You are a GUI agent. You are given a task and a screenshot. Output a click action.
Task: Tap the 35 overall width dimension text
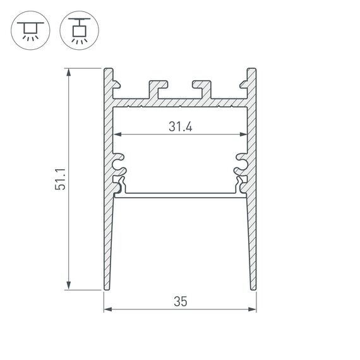180,303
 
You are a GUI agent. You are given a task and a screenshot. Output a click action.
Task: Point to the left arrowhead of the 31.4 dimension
117,135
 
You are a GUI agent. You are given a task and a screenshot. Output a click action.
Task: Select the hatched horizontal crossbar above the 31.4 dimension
180,102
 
